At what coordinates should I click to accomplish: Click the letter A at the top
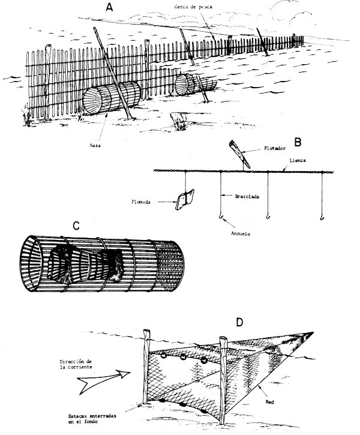click(109, 8)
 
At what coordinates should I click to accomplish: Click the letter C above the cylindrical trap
click(76, 227)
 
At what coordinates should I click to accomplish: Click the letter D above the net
click(239, 323)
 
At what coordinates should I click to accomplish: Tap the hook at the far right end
click(322, 214)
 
